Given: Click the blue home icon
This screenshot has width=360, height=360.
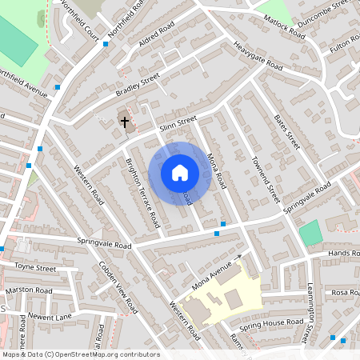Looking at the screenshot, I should pyautogui.click(x=179, y=172).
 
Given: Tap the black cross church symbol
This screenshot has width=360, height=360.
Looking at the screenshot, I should pyautogui.click(x=124, y=122).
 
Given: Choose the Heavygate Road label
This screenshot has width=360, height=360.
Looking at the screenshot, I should pyautogui.click(x=258, y=54).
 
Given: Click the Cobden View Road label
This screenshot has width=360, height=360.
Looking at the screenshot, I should pyautogui.click(x=114, y=286).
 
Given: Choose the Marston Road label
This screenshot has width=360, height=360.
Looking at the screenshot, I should pyautogui.click(x=28, y=290).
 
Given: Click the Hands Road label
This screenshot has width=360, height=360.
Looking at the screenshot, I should pyautogui.click(x=344, y=253).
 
